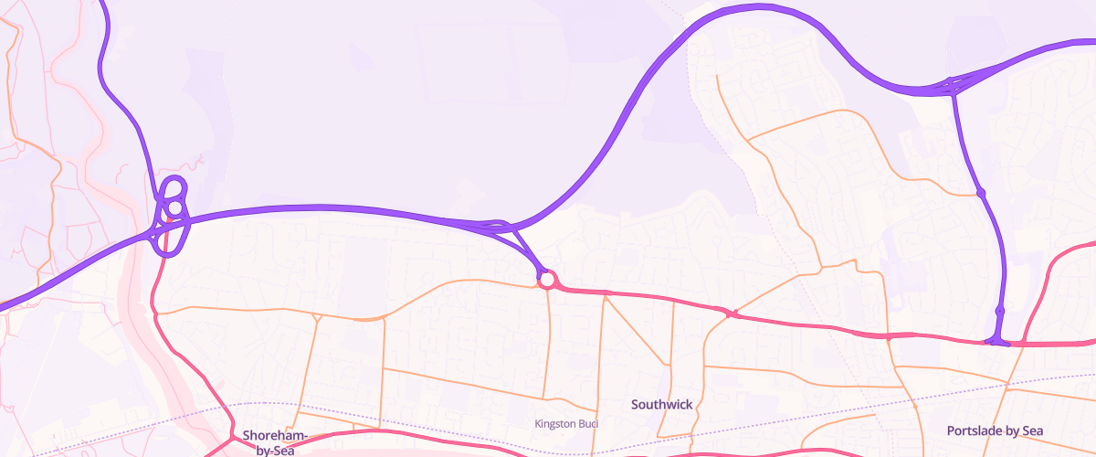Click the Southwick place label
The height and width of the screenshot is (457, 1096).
click(x=662, y=403)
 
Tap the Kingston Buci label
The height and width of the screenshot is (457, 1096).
click(x=565, y=423)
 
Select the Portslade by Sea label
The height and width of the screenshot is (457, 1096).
click(x=995, y=430)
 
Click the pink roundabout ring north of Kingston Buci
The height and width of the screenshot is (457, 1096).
click(x=547, y=280)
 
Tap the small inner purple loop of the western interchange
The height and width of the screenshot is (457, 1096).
click(x=174, y=207)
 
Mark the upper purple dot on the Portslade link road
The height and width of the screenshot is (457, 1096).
click(x=981, y=193)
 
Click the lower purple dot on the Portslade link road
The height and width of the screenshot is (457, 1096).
click(x=999, y=312)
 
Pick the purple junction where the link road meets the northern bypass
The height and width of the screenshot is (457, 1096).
click(x=952, y=85)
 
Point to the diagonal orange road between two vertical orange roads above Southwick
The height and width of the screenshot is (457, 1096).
click(x=638, y=331)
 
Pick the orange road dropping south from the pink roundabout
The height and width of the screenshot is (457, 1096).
click(x=548, y=347)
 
